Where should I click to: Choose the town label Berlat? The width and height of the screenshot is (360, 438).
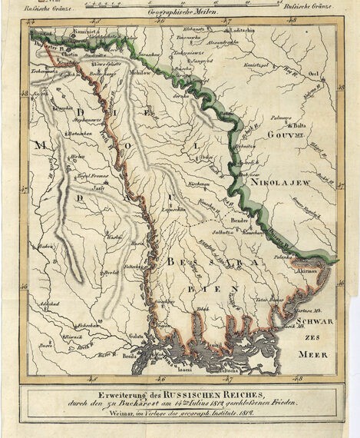[x=111, y=272]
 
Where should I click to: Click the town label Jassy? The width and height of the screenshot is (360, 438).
[x=97, y=187]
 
